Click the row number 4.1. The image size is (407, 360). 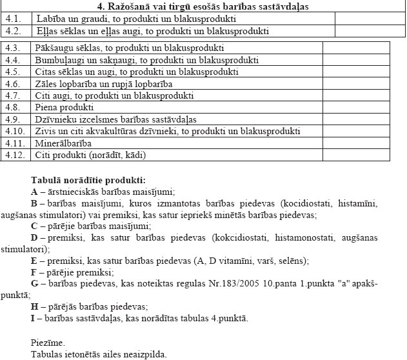pyautogui.click(x=12, y=19)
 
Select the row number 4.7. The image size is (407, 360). pyautogui.click(x=12, y=95)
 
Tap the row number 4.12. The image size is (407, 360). pyautogui.click(x=14, y=155)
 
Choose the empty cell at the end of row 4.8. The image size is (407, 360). pyautogui.click(x=355, y=107)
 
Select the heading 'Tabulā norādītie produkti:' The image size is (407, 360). pyautogui.click(x=88, y=179)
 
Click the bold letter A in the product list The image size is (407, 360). pyautogui.click(x=34, y=192)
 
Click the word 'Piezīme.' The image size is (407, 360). pyautogui.click(x=48, y=342)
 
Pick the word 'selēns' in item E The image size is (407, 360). pyautogui.click(x=293, y=261)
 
